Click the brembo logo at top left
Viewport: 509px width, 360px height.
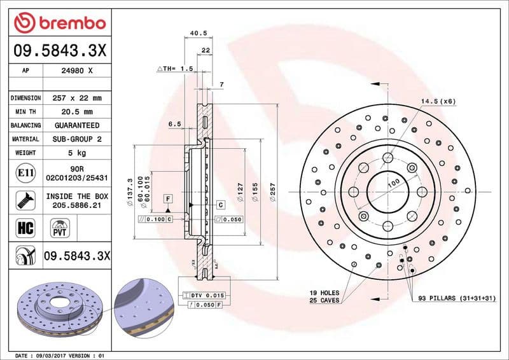pos(60,24)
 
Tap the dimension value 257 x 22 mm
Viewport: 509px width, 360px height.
pos(77,99)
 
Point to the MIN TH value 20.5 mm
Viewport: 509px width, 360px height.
pos(77,112)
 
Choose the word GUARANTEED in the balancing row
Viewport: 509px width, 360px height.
pos(77,125)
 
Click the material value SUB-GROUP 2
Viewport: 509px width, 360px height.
pos(77,139)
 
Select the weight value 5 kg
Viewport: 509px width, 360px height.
pos(77,153)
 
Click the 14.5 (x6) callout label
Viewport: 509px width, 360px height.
pos(438,101)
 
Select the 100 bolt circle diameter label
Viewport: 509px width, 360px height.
pos(394,183)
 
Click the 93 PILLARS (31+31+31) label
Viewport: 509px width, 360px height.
pos(457,298)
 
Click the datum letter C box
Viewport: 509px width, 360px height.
pos(221,205)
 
